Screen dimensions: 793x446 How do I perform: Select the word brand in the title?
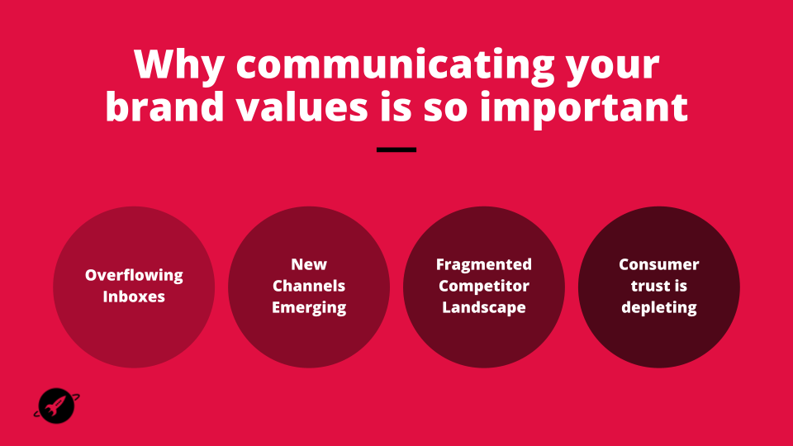pyautogui.click(x=164, y=107)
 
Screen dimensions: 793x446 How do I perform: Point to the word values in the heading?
pyautogui.click(x=302, y=107)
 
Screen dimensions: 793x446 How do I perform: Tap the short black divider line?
pyautogui.click(x=396, y=149)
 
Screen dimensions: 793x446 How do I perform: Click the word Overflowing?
pyautogui.click(x=134, y=276)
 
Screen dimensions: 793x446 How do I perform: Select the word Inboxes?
pyautogui.click(x=134, y=297)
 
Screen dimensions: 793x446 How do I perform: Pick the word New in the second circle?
pyautogui.click(x=309, y=264)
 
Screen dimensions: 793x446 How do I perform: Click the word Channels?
pyautogui.click(x=309, y=286)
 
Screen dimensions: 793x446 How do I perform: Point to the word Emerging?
pyautogui.click(x=309, y=307)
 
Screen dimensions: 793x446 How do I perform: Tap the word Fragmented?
pyautogui.click(x=484, y=264)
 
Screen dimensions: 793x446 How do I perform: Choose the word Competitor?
pyautogui.click(x=484, y=287)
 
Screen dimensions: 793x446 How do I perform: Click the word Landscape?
pyautogui.click(x=484, y=307)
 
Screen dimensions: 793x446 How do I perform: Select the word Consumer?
pyautogui.click(x=659, y=264)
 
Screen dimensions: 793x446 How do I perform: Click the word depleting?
pyautogui.click(x=659, y=307)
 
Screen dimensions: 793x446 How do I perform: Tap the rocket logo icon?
pyautogui.click(x=57, y=406)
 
